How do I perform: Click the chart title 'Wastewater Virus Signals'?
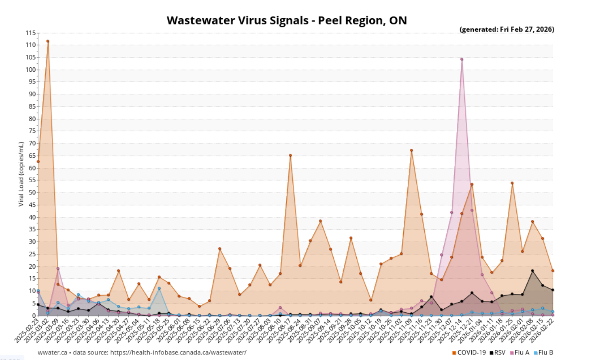287,20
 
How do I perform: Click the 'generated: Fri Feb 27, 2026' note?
507,30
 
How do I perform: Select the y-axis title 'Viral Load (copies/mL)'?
21,173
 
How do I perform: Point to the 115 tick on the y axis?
30,33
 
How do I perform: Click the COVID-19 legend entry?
469,353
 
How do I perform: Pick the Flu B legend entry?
543,353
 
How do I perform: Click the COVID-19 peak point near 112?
48,41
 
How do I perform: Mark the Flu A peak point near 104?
462,59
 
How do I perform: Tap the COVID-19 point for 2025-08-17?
290,155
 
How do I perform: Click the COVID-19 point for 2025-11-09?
411,150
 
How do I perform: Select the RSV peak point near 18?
532,271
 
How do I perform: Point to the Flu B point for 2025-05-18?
159,288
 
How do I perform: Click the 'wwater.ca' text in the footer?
52,353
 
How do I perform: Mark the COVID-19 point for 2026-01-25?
512,183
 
